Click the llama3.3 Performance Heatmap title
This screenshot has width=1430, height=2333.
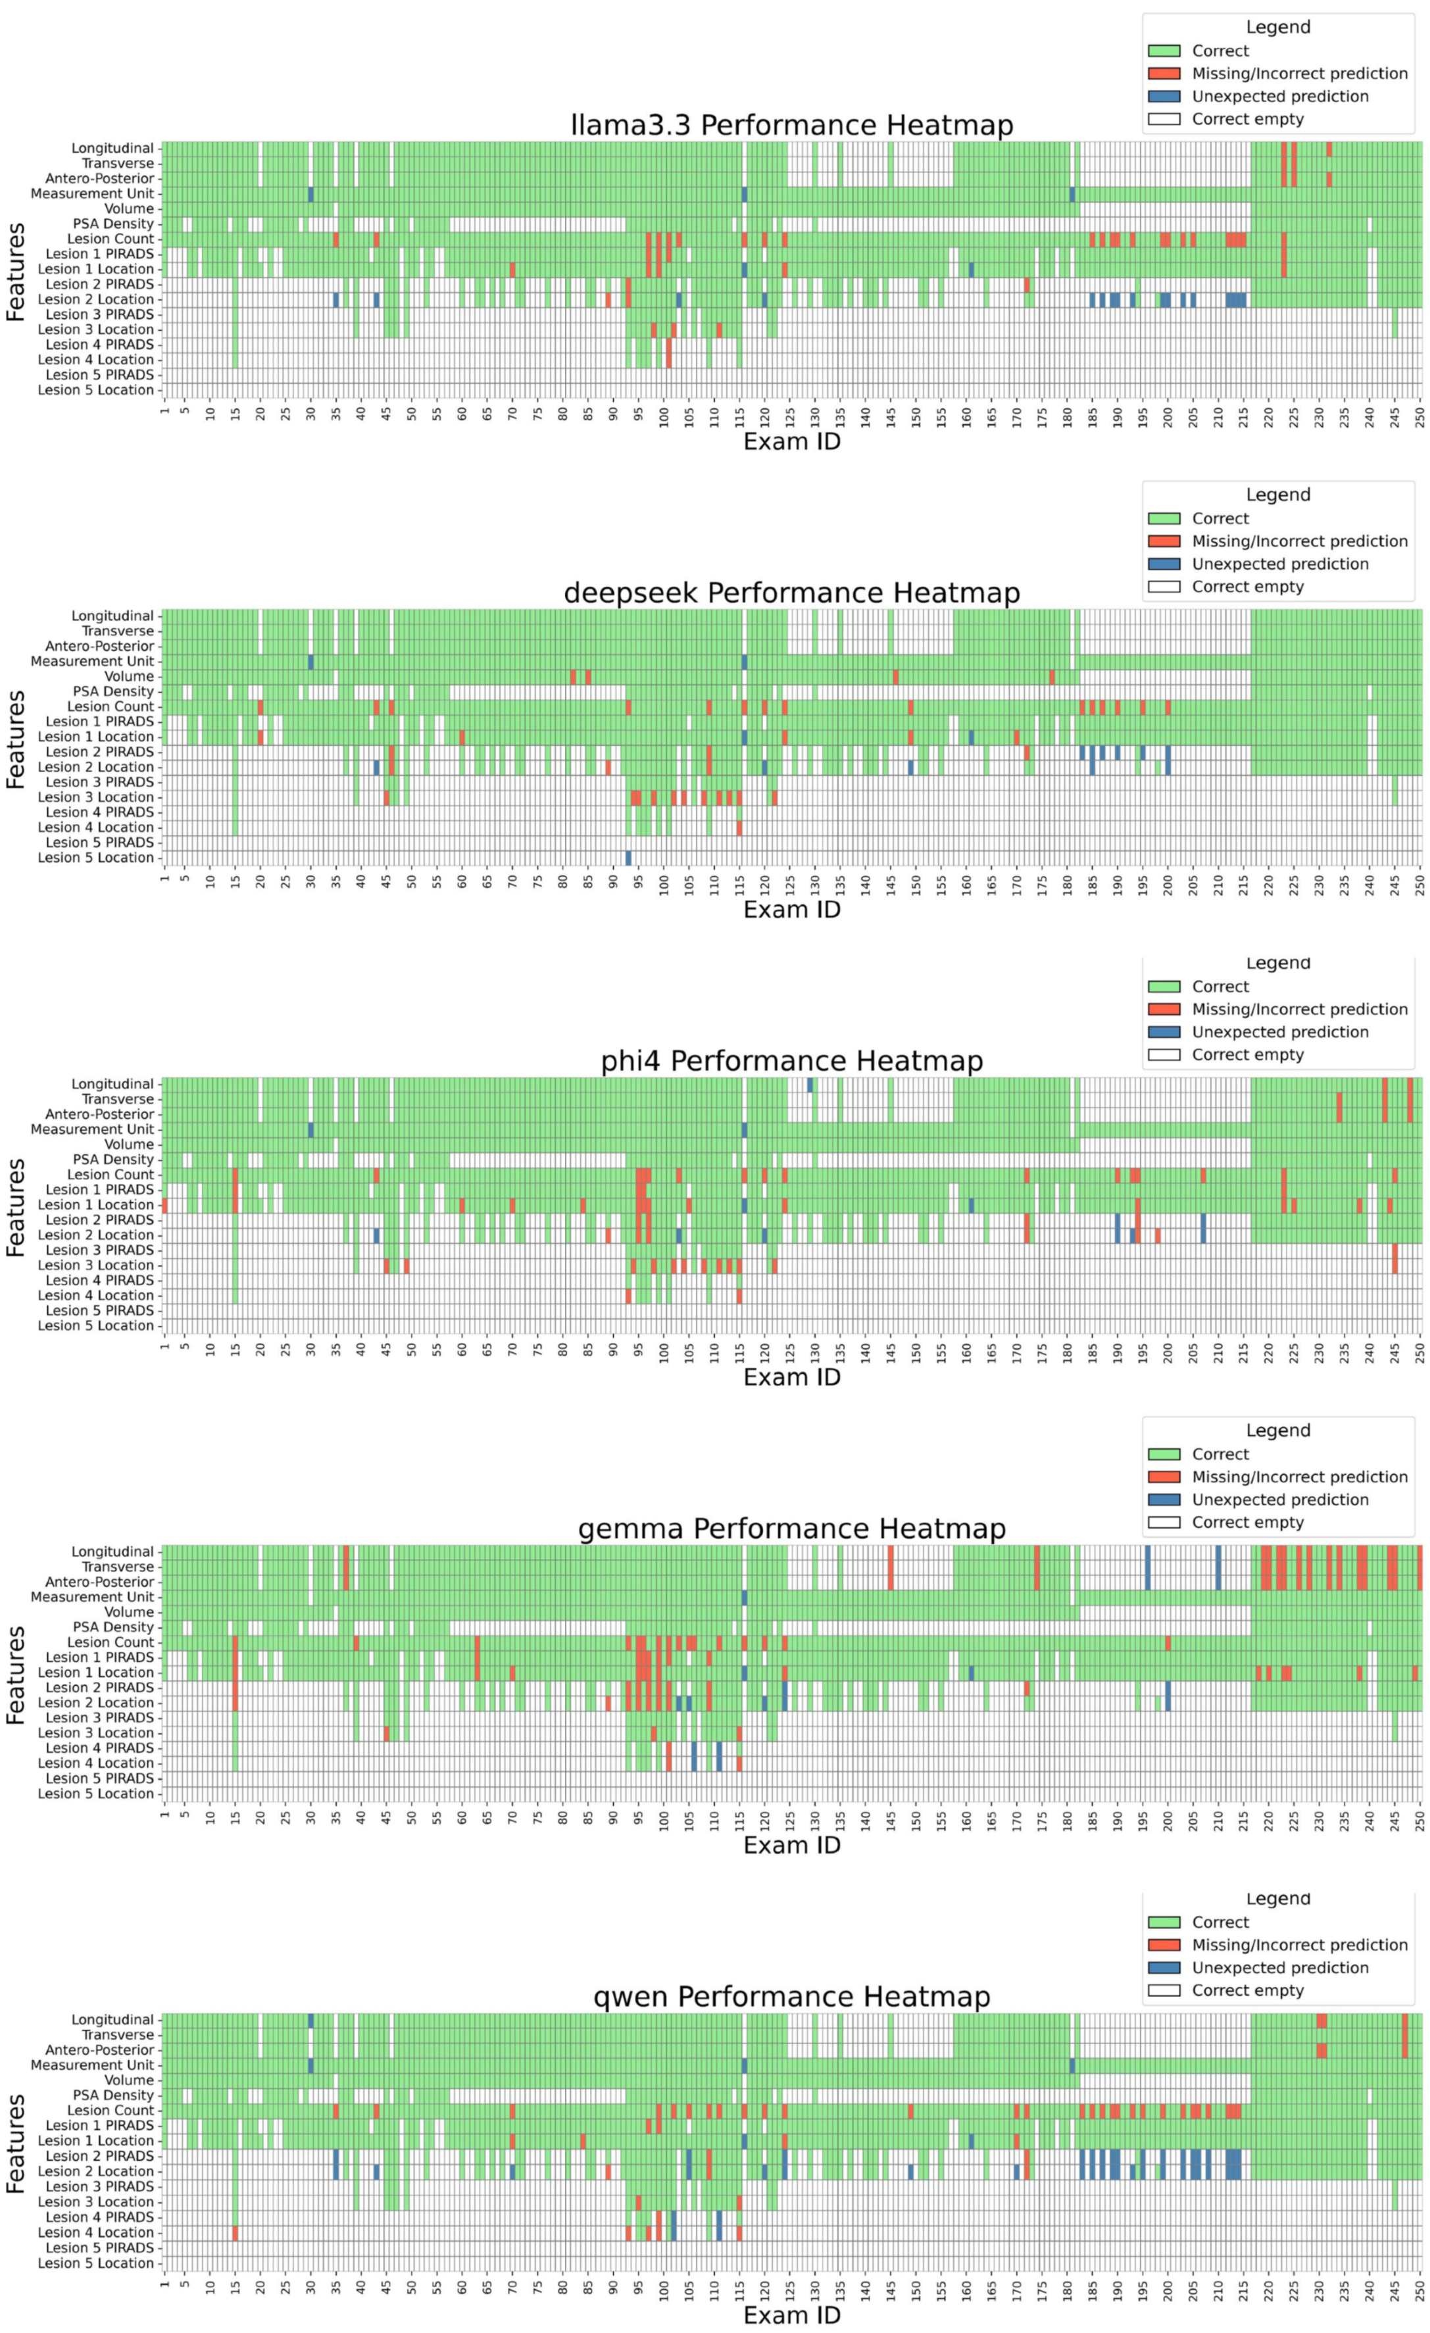click(792, 125)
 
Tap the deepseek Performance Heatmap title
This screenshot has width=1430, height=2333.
click(792, 593)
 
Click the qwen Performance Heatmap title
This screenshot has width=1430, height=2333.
click(792, 1997)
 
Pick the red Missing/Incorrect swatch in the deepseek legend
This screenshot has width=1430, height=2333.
click(1164, 541)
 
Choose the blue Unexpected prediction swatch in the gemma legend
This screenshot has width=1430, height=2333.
click(1164, 1500)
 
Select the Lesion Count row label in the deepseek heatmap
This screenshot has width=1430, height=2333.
click(110, 707)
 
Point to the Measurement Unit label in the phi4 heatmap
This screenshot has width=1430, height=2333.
click(92, 1129)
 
